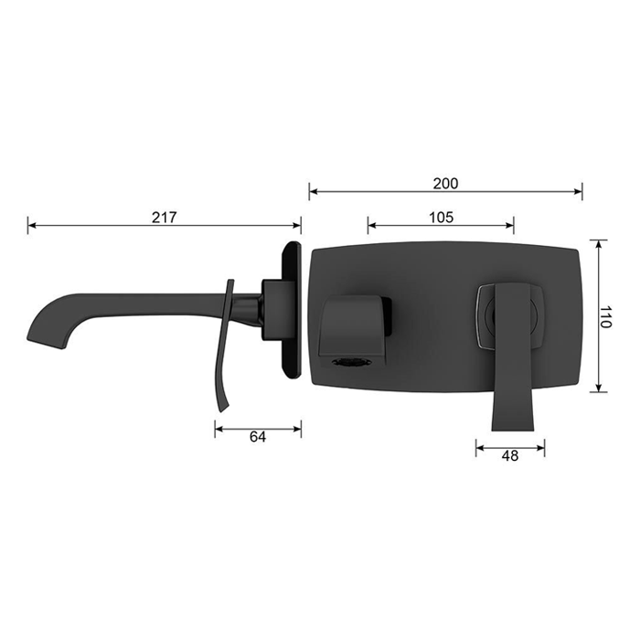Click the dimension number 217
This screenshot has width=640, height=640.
pos(164,217)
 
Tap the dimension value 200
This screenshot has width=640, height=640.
pos(445,183)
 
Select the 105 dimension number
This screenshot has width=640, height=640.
pos(441,217)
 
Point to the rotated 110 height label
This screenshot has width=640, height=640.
pos(605,316)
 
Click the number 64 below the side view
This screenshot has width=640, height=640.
pos(258,437)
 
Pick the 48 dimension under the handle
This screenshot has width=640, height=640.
pos(510,455)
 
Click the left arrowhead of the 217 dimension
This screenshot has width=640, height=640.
pos(32,225)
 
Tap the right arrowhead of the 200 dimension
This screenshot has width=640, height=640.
pos(578,191)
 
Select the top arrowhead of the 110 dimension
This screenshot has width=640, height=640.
pos(598,244)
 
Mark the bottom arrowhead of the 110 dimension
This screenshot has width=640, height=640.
pos(598,388)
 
